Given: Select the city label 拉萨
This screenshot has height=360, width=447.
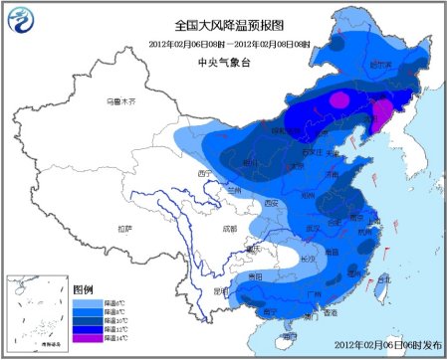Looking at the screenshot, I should click(x=123, y=228).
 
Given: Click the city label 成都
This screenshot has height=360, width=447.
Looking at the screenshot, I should click(x=231, y=229).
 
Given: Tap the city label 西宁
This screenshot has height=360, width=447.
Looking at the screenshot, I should click(x=207, y=173).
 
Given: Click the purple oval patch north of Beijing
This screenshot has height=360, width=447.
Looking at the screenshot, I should click(x=339, y=99).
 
